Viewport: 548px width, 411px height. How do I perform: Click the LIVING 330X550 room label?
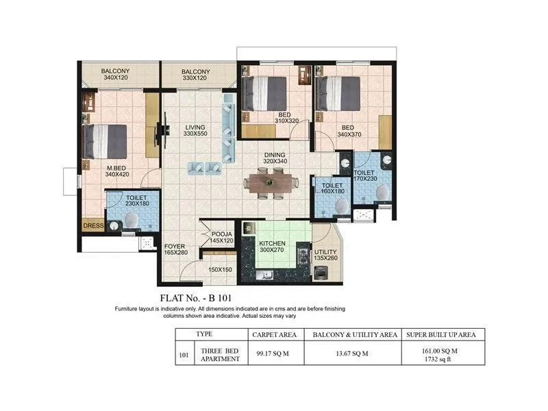click(195, 130)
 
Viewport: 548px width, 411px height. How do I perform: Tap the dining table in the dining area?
click(272, 183)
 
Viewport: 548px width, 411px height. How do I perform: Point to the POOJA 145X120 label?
click(222, 237)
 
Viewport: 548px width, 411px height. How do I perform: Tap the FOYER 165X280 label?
click(175, 249)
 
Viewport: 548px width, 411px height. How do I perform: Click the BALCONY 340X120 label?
click(116, 75)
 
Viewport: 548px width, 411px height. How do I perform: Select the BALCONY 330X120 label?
click(195, 75)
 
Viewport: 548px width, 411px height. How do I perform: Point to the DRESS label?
click(92, 225)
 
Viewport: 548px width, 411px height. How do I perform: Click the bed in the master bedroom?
click(105, 141)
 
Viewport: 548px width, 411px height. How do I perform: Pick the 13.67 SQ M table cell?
click(355, 353)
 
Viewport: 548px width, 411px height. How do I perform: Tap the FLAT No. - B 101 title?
click(197, 298)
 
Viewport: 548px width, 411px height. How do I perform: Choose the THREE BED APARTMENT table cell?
click(219, 354)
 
